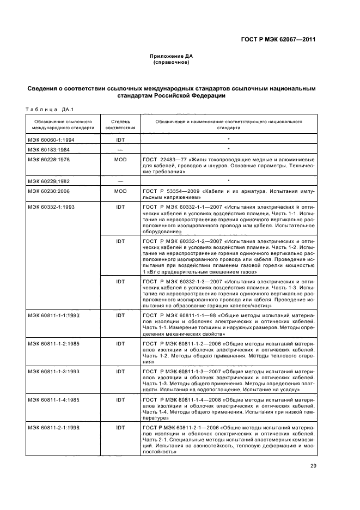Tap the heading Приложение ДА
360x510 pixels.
tap(172, 56)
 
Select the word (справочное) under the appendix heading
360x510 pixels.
tap(172, 62)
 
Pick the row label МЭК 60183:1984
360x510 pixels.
tap(45, 149)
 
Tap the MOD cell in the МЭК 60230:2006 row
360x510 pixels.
tap(120, 191)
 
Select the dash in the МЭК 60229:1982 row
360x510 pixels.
tap(120, 181)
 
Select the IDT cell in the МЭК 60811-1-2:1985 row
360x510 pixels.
tap(120, 344)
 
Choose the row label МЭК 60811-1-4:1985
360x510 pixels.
tap(50, 399)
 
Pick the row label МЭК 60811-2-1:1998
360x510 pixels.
tap(50, 427)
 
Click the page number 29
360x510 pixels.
tap(313, 465)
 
